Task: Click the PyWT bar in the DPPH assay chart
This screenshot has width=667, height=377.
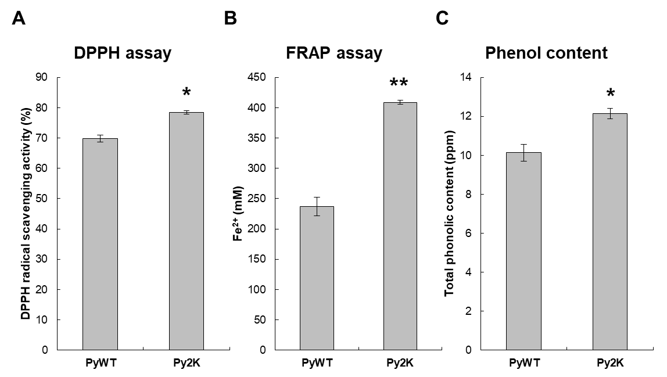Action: pyautogui.click(x=100, y=244)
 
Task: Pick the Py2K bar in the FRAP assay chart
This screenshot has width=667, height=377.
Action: pyautogui.click(x=400, y=227)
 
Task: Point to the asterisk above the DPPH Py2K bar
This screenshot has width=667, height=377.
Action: pyautogui.click(x=187, y=93)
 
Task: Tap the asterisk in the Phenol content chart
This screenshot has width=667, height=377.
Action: pyautogui.click(x=610, y=94)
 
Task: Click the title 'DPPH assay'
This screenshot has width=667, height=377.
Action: pyautogui.click(x=123, y=53)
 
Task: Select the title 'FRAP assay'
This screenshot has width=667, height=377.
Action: pyautogui.click(x=334, y=53)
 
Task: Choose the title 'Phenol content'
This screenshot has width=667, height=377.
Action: pyautogui.click(x=546, y=53)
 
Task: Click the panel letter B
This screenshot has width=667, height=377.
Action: pyautogui.click(x=231, y=19)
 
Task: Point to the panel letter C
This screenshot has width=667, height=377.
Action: pyautogui.click(x=442, y=19)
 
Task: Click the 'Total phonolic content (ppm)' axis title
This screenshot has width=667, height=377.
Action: pyautogui.click(x=449, y=213)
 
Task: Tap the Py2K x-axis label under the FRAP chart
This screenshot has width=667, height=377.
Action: pyautogui.click(x=400, y=363)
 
